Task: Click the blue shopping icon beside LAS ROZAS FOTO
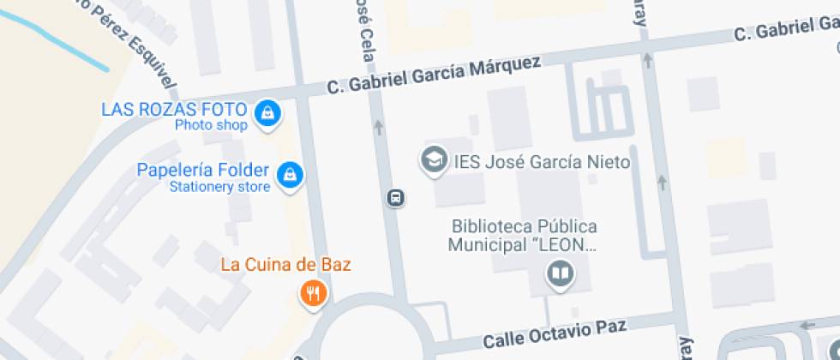point(268,112)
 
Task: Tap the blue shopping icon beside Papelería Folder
point(291,174)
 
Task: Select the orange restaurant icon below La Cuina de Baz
point(312,295)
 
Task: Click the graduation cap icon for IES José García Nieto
point(435,159)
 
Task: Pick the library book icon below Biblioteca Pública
point(561,274)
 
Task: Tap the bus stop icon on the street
point(396,198)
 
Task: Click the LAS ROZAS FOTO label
point(174,110)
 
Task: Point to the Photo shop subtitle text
point(211,125)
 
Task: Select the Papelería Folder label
point(202,170)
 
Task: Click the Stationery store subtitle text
point(219,186)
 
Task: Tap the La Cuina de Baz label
point(285,264)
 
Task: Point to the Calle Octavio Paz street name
point(555,333)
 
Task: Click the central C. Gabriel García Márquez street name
point(435,77)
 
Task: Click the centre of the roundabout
point(372,338)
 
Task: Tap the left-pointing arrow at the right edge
point(807,325)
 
